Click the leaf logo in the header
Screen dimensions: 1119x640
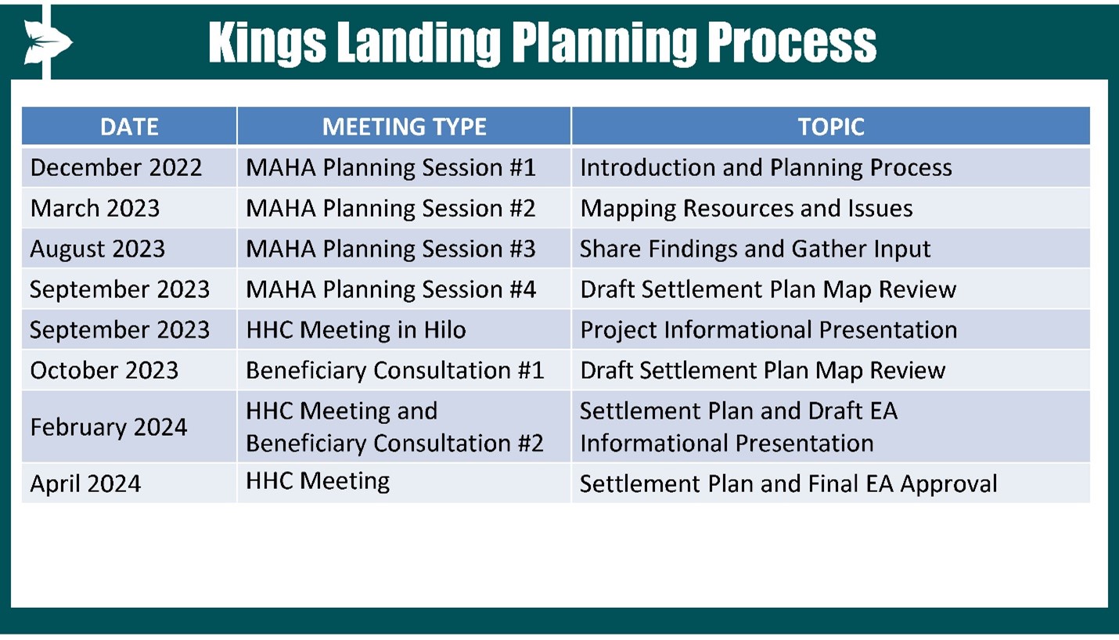[x=48, y=42]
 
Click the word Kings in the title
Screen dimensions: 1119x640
[x=268, y=43]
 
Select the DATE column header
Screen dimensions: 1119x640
[x=129, y=127]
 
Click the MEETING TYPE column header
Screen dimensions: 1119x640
[x=404, y=127]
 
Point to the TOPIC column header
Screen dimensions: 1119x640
[x=831, y=127]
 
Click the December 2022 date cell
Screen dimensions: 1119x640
[x=129, y=167]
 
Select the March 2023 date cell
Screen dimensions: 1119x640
[x=129, y=208]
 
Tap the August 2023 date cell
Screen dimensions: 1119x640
[x=129, y=248]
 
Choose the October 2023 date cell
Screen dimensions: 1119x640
[x=129, y=370]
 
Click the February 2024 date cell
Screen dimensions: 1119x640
[x=129, y=426]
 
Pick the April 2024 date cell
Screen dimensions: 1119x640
[x=129, y=483]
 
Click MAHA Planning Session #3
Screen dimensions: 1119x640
[x=390, y=248]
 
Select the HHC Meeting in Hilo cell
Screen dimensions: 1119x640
[x=404, y=329]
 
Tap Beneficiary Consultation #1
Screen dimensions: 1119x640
[x=394, y=370]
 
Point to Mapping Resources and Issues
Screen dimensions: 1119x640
[x=747, y=208]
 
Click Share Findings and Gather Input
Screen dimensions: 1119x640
[x=755, y=249]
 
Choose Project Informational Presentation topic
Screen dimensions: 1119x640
[x=768, y=330]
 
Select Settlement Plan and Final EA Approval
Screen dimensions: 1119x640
[x=789, y=484]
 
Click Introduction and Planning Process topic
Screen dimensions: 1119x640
[x=766, y=167]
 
